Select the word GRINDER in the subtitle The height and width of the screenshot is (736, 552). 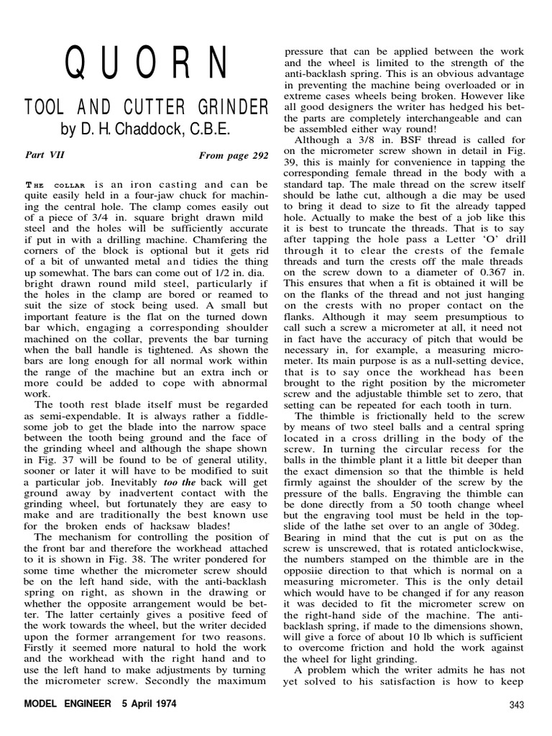229,108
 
